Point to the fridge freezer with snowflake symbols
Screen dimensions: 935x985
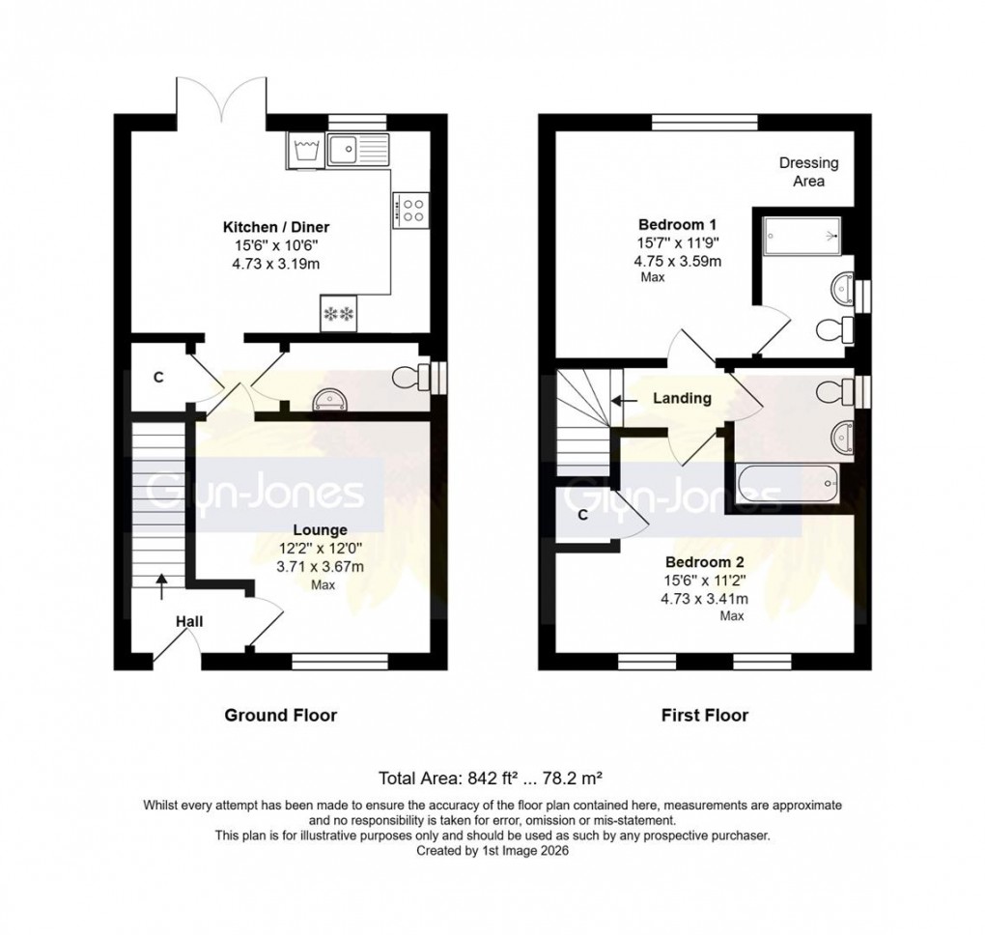[x=339, y=314]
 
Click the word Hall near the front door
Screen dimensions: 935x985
[x=189, y=623]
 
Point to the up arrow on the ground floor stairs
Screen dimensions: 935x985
[x=160, y=580]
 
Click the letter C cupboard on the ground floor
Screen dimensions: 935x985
[x=156, y=377]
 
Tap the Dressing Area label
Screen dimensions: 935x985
[x=808, y=172]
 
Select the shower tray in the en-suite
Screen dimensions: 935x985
[x=802, y=236]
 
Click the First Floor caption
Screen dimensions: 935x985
[x=704, y=716]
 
